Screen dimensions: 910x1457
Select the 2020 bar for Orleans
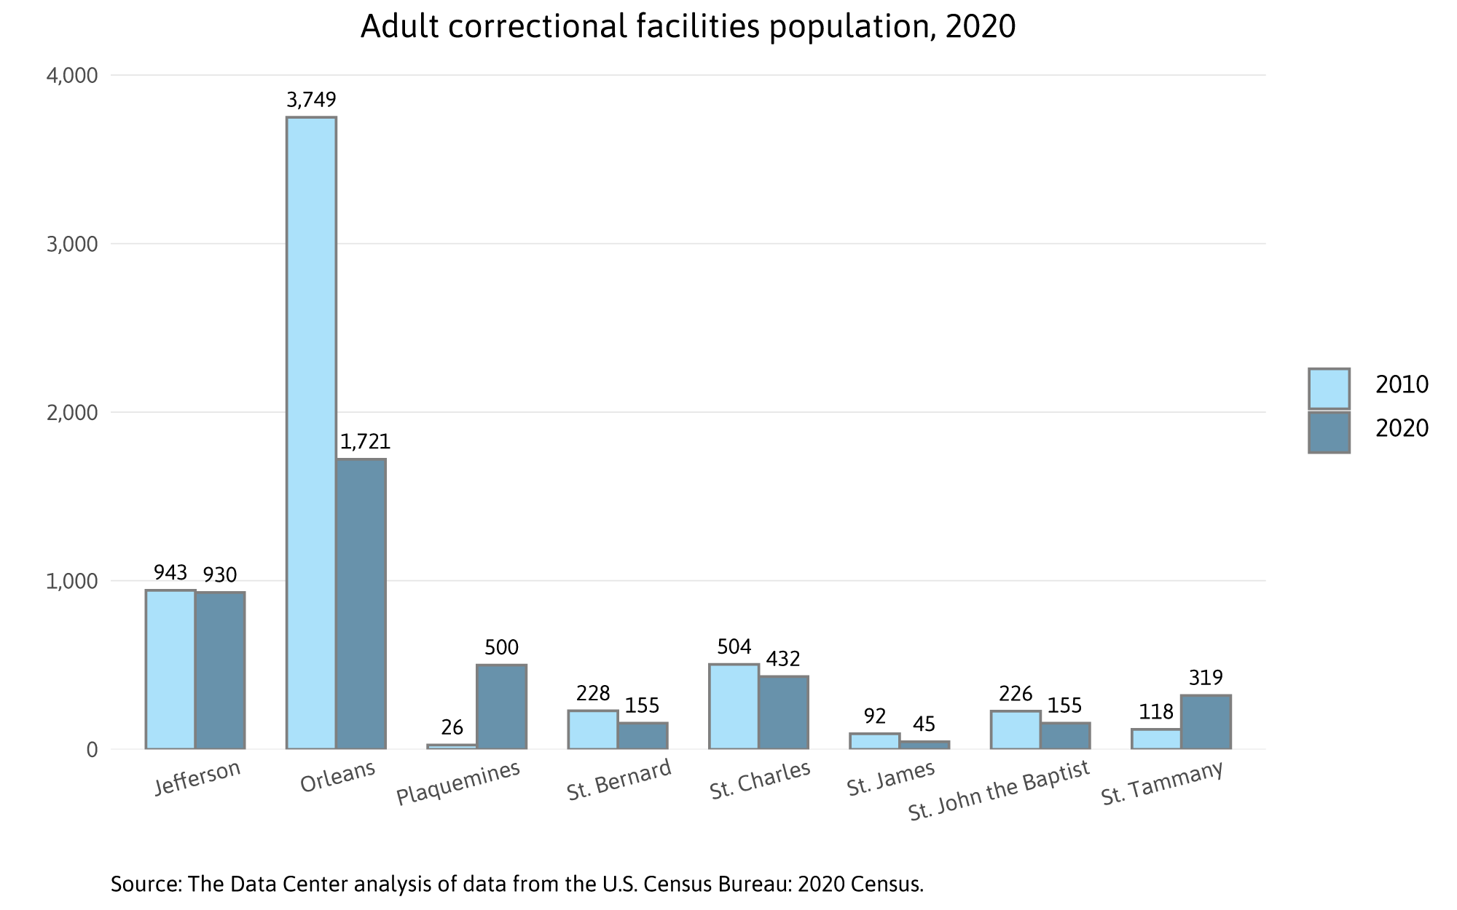tap(361, 604)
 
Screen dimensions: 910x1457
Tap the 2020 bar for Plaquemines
tap(501, 706)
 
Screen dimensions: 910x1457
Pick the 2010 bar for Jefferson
tap(170, 669)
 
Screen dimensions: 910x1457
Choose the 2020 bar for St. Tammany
tap(1206, 721)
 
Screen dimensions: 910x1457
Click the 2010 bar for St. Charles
tap(734, 706)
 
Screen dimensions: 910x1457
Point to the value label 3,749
tap(311, 100)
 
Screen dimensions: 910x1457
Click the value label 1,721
tap(365, 442)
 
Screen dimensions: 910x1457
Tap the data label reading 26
tap(452, 727)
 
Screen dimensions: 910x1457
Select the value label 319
tap(1206, 678)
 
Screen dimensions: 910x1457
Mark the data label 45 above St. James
tap(924, 724)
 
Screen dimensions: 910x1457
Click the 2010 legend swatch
tap(1329, 389)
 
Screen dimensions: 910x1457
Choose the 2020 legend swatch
tap(1329, 432)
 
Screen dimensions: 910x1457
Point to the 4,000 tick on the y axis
tap(71, 76)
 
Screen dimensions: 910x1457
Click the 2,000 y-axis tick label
tap(71, 413)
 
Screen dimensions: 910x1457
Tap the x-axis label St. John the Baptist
tap(999, 791)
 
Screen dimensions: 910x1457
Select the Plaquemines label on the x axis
tap(458, 783)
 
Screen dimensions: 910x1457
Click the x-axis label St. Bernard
tap(618, 780)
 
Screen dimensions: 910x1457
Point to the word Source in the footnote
tap(145, 885)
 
